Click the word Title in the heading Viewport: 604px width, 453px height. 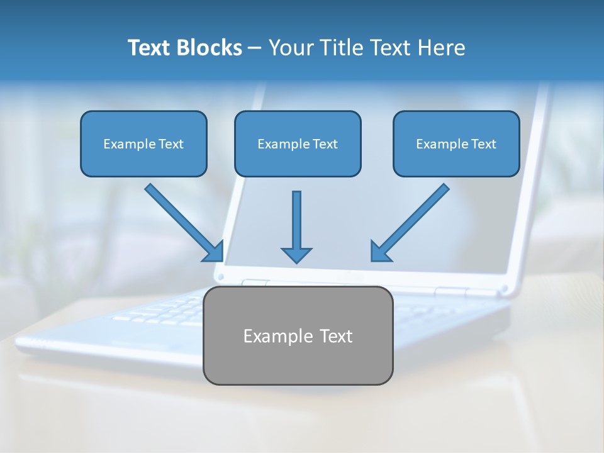[338, 48]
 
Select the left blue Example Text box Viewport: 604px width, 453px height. [143, 143]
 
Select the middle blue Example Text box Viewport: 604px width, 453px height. [298, 143]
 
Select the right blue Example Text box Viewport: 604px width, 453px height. [456, 143]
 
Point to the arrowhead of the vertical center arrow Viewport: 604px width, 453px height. [296, 254]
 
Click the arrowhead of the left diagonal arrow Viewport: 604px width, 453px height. [214, 251]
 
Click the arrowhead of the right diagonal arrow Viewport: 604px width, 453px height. [380, 251]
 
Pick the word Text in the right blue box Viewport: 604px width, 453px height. [483, 144]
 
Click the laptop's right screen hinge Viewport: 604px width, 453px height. [452, 292]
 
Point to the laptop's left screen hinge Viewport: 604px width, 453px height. [255, 283]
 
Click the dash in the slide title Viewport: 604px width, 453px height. [255, 48]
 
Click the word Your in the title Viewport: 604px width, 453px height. [293, 48]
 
